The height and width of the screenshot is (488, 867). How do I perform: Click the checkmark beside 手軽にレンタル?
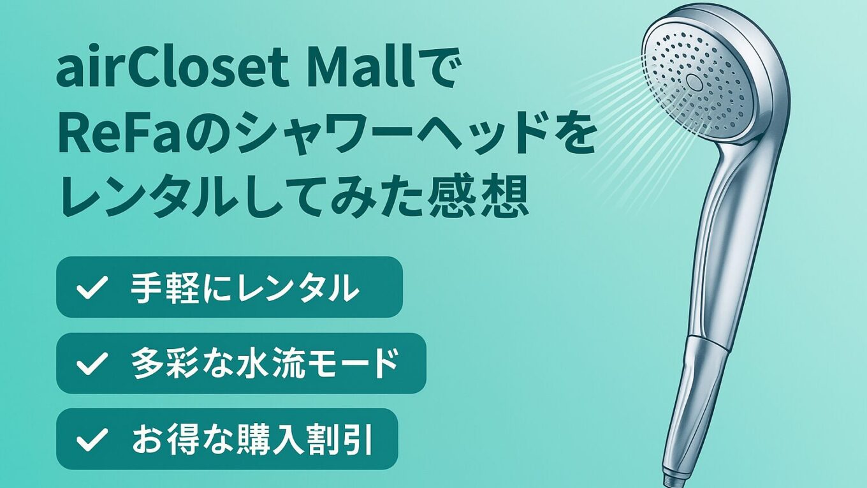[92, 287]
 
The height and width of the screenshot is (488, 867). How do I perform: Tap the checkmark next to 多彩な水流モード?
[92, 364]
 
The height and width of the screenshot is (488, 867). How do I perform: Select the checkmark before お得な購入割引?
[92, 439]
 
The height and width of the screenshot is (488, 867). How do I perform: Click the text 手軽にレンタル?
[244, 288]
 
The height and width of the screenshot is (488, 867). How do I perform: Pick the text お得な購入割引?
[252, 440]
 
